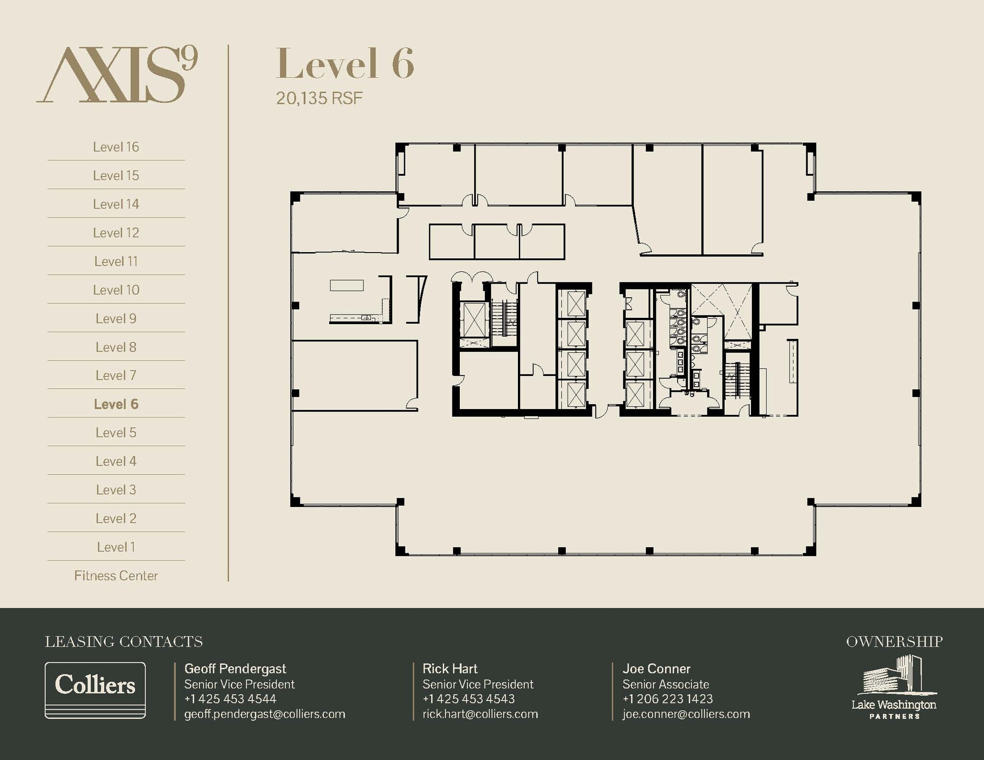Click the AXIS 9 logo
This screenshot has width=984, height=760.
(x=117, y=74)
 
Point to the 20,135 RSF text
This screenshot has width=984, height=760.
(x=319, y=98)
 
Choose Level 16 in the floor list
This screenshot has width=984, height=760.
(x=116, y=147)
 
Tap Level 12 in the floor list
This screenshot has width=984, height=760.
(x=116, y=233)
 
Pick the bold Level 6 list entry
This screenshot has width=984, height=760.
(x=116, y=404)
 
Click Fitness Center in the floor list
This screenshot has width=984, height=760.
(x=116, y=576)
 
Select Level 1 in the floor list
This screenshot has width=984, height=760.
(x=116, y=547)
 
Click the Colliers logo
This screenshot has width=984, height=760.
(x=95, y=690)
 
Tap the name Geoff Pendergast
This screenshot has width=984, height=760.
(x=235, y=669)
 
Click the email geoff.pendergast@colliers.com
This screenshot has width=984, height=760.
(x=265, y=714)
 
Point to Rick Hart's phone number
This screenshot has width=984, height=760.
(x=468, y=699)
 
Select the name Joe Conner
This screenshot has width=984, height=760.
(x=656, y=669)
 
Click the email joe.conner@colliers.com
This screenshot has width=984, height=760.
(x=686, y=714)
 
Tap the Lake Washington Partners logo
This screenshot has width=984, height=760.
(x=894, y=688)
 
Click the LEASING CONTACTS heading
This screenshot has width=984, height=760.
(x=124, y=642)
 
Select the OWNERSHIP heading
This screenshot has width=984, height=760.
(x=894, y=642)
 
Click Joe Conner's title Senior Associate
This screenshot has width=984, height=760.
(x=665, y=684)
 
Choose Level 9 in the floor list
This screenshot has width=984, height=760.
(x=116, y=319)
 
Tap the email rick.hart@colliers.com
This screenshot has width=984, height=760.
(x=480, y=714)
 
